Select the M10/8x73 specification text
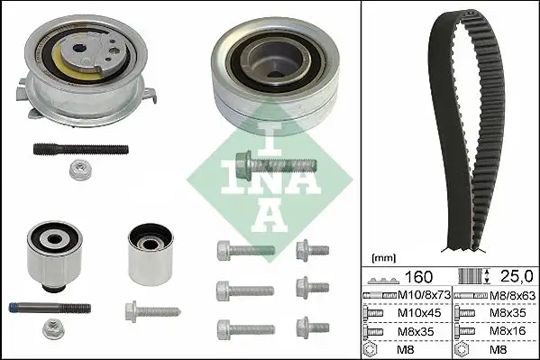tap(423, 296)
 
